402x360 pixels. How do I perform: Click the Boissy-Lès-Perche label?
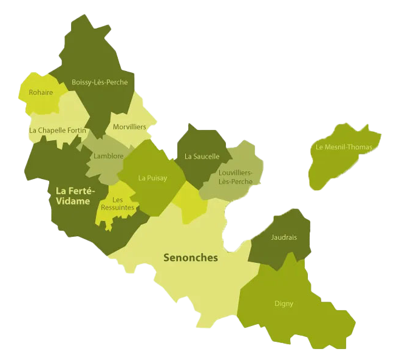[100, 82]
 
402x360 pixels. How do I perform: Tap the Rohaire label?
[41, 93]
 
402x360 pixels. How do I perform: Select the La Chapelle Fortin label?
[58, 130]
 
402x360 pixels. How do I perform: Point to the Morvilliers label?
[129, 127]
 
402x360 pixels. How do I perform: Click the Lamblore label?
[109, 156]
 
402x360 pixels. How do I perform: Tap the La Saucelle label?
[202, 156]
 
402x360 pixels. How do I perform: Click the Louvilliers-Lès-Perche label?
[235, 177]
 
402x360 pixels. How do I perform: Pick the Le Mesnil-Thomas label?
[344, 147]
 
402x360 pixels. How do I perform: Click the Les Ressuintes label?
[118, 204]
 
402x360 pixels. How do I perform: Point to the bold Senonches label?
[191, 257]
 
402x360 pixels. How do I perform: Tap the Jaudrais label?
[284, 237]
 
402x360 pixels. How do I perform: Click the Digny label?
[284, 304]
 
